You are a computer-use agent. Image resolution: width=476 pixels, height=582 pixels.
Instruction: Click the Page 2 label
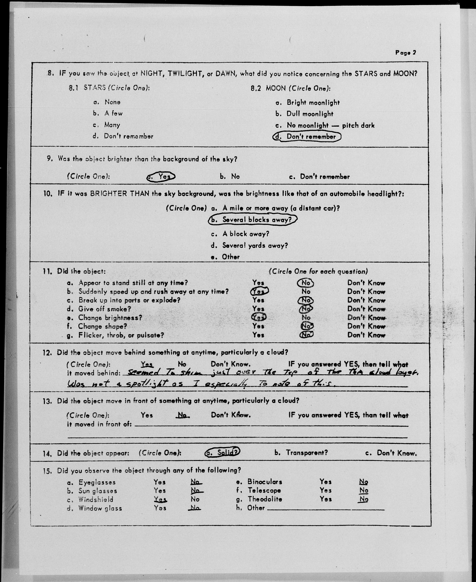(405, 53)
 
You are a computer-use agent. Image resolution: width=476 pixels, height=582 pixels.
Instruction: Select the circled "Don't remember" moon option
(307, 137)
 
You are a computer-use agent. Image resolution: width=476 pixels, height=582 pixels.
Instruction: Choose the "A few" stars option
(113, 113)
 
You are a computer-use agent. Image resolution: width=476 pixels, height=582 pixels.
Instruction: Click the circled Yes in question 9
(161, 176)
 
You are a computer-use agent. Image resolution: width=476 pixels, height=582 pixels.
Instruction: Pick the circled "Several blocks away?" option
(253, 220)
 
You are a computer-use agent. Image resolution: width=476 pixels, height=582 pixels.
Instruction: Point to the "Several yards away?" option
(255, 245)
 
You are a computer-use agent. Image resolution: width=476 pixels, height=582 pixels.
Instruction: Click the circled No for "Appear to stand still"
(305, 283)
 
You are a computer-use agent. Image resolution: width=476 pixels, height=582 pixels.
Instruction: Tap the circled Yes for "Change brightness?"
(259, 317)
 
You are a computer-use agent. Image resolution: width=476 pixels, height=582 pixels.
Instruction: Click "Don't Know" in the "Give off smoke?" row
(366, 309)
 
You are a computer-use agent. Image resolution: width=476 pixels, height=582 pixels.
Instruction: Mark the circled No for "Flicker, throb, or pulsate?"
(306, 335)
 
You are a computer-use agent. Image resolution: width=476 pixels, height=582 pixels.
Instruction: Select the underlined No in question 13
(182, 415)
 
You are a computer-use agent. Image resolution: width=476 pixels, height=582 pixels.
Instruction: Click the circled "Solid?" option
(223, 452)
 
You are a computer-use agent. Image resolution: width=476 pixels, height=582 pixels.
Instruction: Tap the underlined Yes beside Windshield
(160, 499)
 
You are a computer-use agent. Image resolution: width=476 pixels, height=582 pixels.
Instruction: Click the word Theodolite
(265, 499)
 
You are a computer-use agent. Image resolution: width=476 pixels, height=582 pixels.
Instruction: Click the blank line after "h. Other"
(326, 510)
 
